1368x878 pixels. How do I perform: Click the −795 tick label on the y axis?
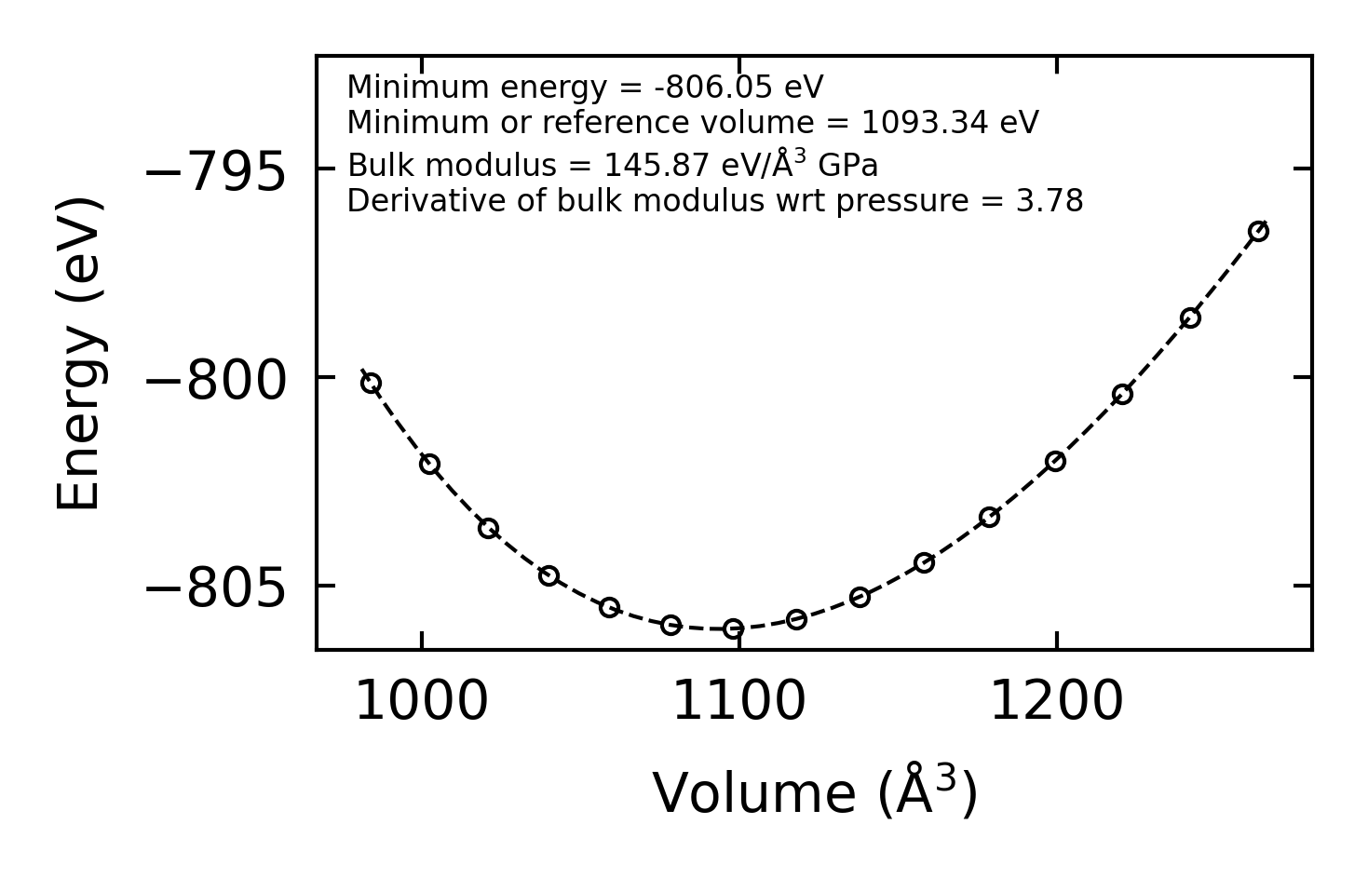pyautogui.click(x=215, y=172)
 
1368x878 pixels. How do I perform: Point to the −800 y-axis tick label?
pyautogui.click(x=215, y=381)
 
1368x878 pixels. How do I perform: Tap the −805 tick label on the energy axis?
pyautogui.click(x=215, y=589)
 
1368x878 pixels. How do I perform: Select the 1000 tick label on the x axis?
pyautogui.click(x=422, y=701)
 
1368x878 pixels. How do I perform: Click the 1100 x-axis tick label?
pyautogui.click(x=738, y=701)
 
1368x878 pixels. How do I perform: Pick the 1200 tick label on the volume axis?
pyautogui.click(x=1056, y=701)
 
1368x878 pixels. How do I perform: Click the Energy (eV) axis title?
pyautogui.click(x=79, y=353)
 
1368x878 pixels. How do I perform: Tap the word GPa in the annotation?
pyautogui.click(x=847, y=166)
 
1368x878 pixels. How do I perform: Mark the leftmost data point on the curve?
pyautogui.click(x=371, y=384)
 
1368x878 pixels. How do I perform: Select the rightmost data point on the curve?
pyautogui.click(x=1258, y=232)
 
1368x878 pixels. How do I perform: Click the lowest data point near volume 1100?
pyautogui.click(x=734, y=628)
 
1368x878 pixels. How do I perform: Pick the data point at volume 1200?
pyautogui.click(x=1055, y=461)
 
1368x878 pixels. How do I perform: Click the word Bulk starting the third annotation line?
pyautogui.click(x=370, y=166)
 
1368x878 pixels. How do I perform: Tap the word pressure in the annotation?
pyautogui.click(x=897, y=202)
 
